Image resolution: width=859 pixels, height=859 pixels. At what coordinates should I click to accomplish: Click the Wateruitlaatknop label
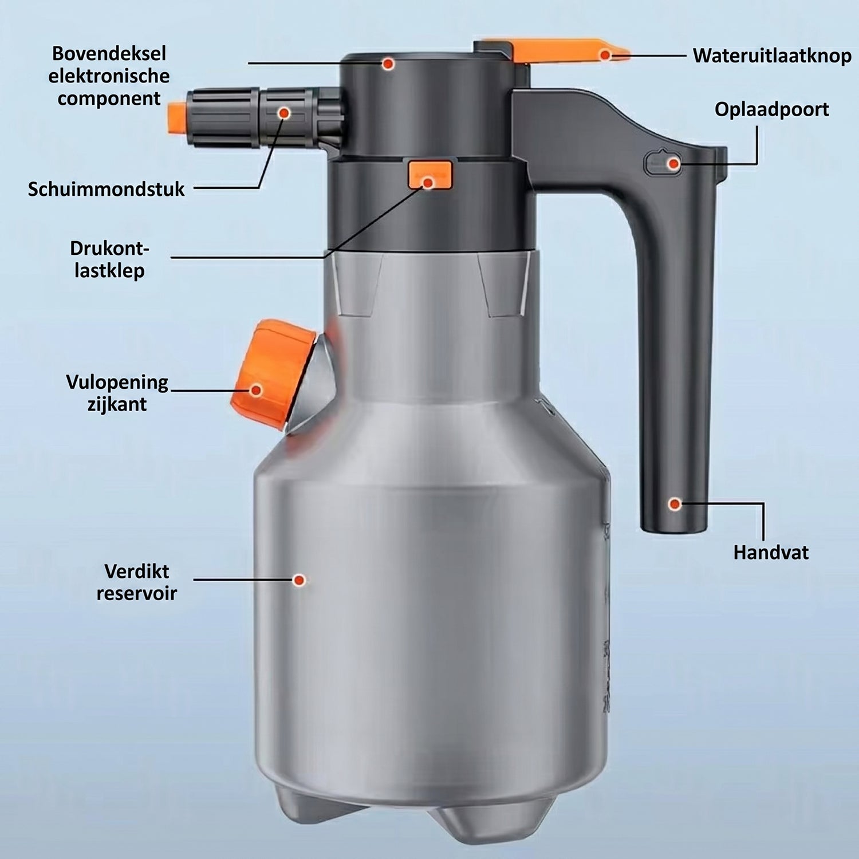point(772,56)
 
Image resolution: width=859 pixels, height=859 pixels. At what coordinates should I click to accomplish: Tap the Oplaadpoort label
point(771,109)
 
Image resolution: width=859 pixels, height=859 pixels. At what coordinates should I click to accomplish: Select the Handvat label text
point(771,553)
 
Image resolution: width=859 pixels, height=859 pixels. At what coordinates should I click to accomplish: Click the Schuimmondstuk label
point(106,189)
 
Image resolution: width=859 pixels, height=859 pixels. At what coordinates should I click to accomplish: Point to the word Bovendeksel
point(109,54)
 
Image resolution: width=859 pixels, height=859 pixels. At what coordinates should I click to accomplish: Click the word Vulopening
point(117,383)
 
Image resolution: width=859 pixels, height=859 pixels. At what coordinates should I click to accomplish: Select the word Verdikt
point(137,572)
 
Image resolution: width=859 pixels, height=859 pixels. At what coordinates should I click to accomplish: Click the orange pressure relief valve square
point(430,175)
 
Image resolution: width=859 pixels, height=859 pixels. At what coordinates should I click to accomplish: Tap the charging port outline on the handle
point(664,163)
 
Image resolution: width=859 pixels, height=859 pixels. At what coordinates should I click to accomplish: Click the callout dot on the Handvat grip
point(675,504)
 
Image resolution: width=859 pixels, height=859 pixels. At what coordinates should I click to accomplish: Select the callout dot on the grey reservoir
point(299,580)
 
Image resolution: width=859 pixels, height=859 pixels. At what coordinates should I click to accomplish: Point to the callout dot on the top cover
point(388,64)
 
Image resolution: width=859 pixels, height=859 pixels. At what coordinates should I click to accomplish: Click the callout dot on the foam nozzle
point(284,113)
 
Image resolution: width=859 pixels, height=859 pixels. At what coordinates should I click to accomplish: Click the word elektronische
point(109,76)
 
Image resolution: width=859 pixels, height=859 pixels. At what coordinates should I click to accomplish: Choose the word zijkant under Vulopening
point(117,405)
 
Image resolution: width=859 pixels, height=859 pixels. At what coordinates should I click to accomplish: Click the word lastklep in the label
point(109,270)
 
